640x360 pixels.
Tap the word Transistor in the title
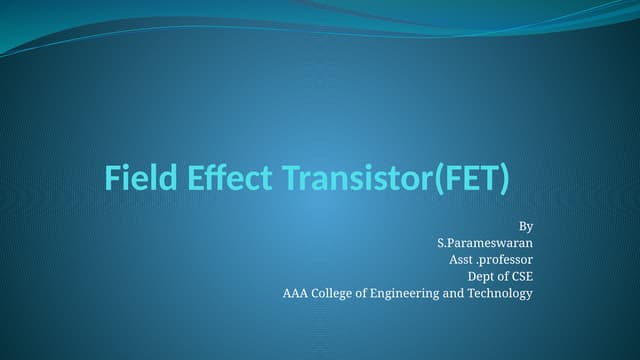[x=351, y=179]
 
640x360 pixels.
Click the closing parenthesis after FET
[x=504, y=180]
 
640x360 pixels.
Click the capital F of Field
[x=112, y=179]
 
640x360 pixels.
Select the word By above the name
[x=526, y=227]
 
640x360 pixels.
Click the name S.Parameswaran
[x=485, y=243]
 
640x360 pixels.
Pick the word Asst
[x=461, y=260]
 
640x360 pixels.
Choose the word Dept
[x=483, y=276]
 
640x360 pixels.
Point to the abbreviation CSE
[x=523, y=276]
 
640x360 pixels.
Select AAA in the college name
[x=297, y=293]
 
